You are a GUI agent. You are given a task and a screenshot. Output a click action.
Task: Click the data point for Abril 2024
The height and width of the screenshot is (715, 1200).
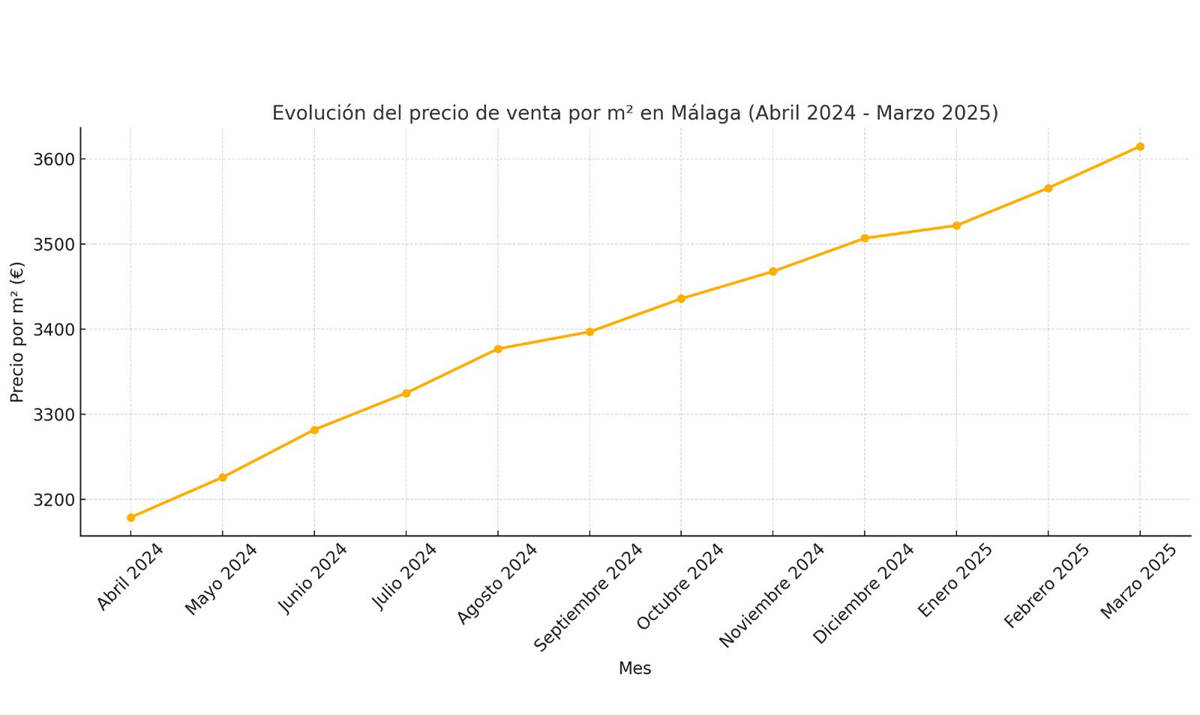coord(130,517)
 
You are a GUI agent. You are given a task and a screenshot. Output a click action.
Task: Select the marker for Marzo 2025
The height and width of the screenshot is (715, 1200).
coord(1140,146)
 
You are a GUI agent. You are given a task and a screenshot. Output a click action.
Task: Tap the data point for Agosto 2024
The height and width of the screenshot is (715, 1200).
coord(498,349)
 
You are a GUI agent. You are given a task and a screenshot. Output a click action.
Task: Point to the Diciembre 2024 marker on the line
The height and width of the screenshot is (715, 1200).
coord(865,238)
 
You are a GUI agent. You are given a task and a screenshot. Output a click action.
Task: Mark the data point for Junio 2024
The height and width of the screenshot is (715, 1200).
coord(314,429)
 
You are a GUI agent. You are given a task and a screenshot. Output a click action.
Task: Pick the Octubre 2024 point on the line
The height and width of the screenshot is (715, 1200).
coord(681,298)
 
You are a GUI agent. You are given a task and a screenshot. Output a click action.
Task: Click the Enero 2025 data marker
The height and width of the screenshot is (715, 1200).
coord(956,226)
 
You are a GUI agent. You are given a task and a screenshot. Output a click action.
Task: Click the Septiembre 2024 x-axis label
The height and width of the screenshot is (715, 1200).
coord(589,597)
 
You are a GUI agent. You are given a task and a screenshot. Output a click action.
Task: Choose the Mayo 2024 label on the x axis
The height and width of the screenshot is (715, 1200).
coord(221,579)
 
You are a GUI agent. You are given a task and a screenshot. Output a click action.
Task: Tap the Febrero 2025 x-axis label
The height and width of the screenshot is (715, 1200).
coord(1047,585)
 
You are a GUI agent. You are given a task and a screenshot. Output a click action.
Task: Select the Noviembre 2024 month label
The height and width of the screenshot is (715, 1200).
coord(772,594)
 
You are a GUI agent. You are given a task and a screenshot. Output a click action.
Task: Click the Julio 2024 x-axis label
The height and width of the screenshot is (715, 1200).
coord(405,576)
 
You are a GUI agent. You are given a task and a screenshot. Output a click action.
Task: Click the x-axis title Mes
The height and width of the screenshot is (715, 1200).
coord(634,669)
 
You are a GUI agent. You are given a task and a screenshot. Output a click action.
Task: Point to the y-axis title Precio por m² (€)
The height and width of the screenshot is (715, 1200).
coord(17,332)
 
